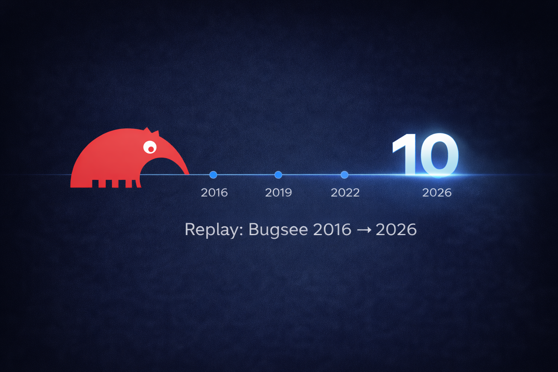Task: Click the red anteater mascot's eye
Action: click(150, 147)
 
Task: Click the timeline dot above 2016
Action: click(213, 175)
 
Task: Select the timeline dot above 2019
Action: click(278, 175)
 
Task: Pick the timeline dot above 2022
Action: click(344, 175)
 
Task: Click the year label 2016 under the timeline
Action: click(214, 193)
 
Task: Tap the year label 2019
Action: click(279, 193)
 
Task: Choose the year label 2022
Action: click(345, 193)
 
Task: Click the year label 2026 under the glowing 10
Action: click(437, 193)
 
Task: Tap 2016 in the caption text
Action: click(332, 229)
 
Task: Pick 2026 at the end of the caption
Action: click(396, 229)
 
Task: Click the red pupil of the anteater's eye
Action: click(151, 149)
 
